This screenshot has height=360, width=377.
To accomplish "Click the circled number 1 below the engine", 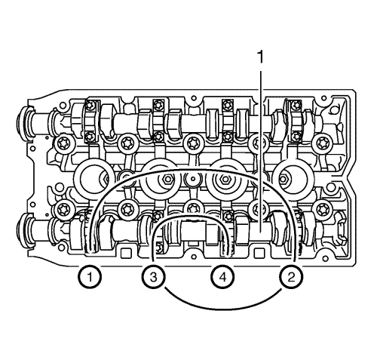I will (90, 278).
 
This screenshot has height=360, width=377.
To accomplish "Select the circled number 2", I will (288, 278).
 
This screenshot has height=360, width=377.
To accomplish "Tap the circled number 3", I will (153, 278).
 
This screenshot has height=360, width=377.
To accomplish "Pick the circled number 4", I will (222, 278).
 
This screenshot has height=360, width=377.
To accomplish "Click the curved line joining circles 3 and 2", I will (220, 306).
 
